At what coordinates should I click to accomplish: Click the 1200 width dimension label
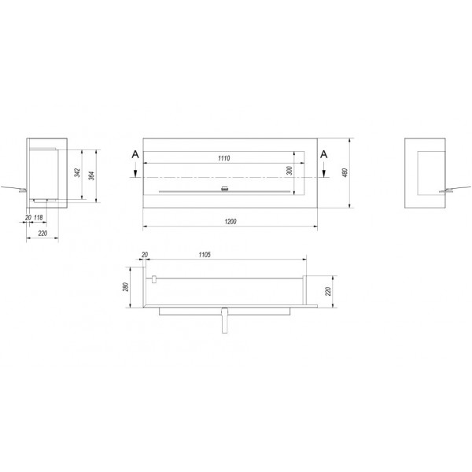pyautogui.click(x=230, y=222)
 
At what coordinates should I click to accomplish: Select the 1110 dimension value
pyautogui.click(x=224, y=158)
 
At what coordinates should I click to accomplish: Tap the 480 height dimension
pyautogui.click(x=345, y=172)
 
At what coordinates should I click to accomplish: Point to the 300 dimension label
pyautogui.click(x=289, y=171)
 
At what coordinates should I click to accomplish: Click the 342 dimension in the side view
pyautogui.click(x=78, y=172)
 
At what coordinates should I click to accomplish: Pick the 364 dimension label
pyautogui.click(x=92, y=175)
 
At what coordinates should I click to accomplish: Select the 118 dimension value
pyautogui.click(x=39, y=217)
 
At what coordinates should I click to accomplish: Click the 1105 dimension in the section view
pyautogui.click(x=205, y=255)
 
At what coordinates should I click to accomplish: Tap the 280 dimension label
pyautogui.click(x=126, y=286)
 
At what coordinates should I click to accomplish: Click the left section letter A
pyautogui.click(x=135, y=155)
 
